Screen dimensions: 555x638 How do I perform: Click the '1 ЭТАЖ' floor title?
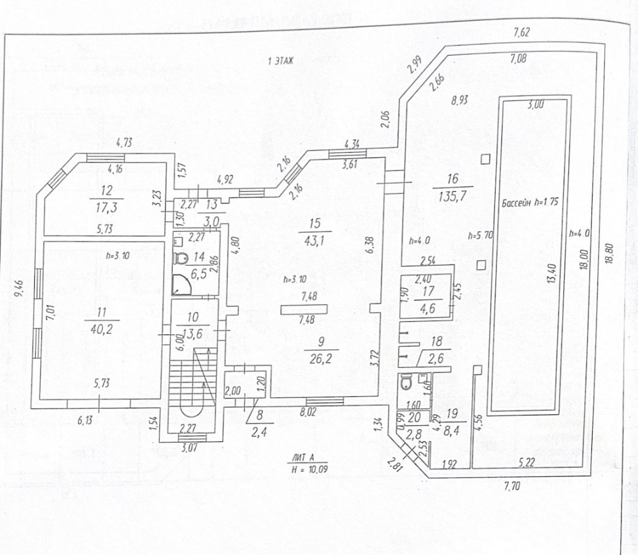pos(281,61)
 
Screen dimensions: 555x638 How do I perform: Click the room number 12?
pos(107,189)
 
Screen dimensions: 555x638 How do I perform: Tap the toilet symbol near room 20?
pos(405,383)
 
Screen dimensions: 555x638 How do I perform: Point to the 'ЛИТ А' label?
pos(308,457)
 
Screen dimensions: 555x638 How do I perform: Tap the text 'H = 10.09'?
pos(309,469)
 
